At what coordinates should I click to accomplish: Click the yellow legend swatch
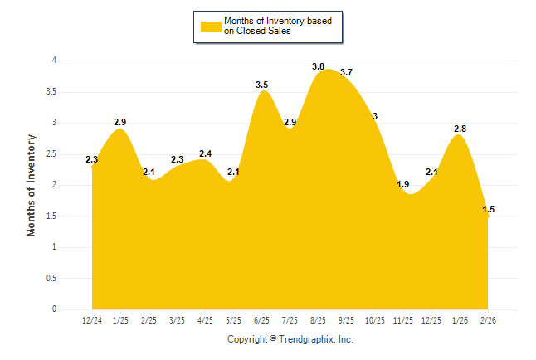pos(209,27)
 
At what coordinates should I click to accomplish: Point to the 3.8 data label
pos(318,66)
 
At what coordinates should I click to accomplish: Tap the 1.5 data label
pos(489,209)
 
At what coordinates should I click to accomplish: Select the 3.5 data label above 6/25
pos(261,85)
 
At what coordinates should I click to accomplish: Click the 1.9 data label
pos(403,184)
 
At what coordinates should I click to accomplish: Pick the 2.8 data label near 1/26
pos(460,129)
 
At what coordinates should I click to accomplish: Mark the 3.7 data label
pos(346,72)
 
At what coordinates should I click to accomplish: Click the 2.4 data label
pos(205,153)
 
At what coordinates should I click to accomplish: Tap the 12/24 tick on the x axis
pos(92,320)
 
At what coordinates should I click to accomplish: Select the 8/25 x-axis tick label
pos(318,320)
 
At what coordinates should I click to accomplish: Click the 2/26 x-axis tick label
pos(488,320)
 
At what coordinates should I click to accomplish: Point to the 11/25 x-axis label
pos(403,320)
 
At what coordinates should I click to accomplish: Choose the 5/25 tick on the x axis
pos(233,320)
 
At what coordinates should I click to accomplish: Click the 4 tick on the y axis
pos(54,61)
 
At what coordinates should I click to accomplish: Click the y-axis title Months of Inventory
pos(32,185)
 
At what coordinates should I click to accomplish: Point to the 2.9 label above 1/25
pos(120,122)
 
